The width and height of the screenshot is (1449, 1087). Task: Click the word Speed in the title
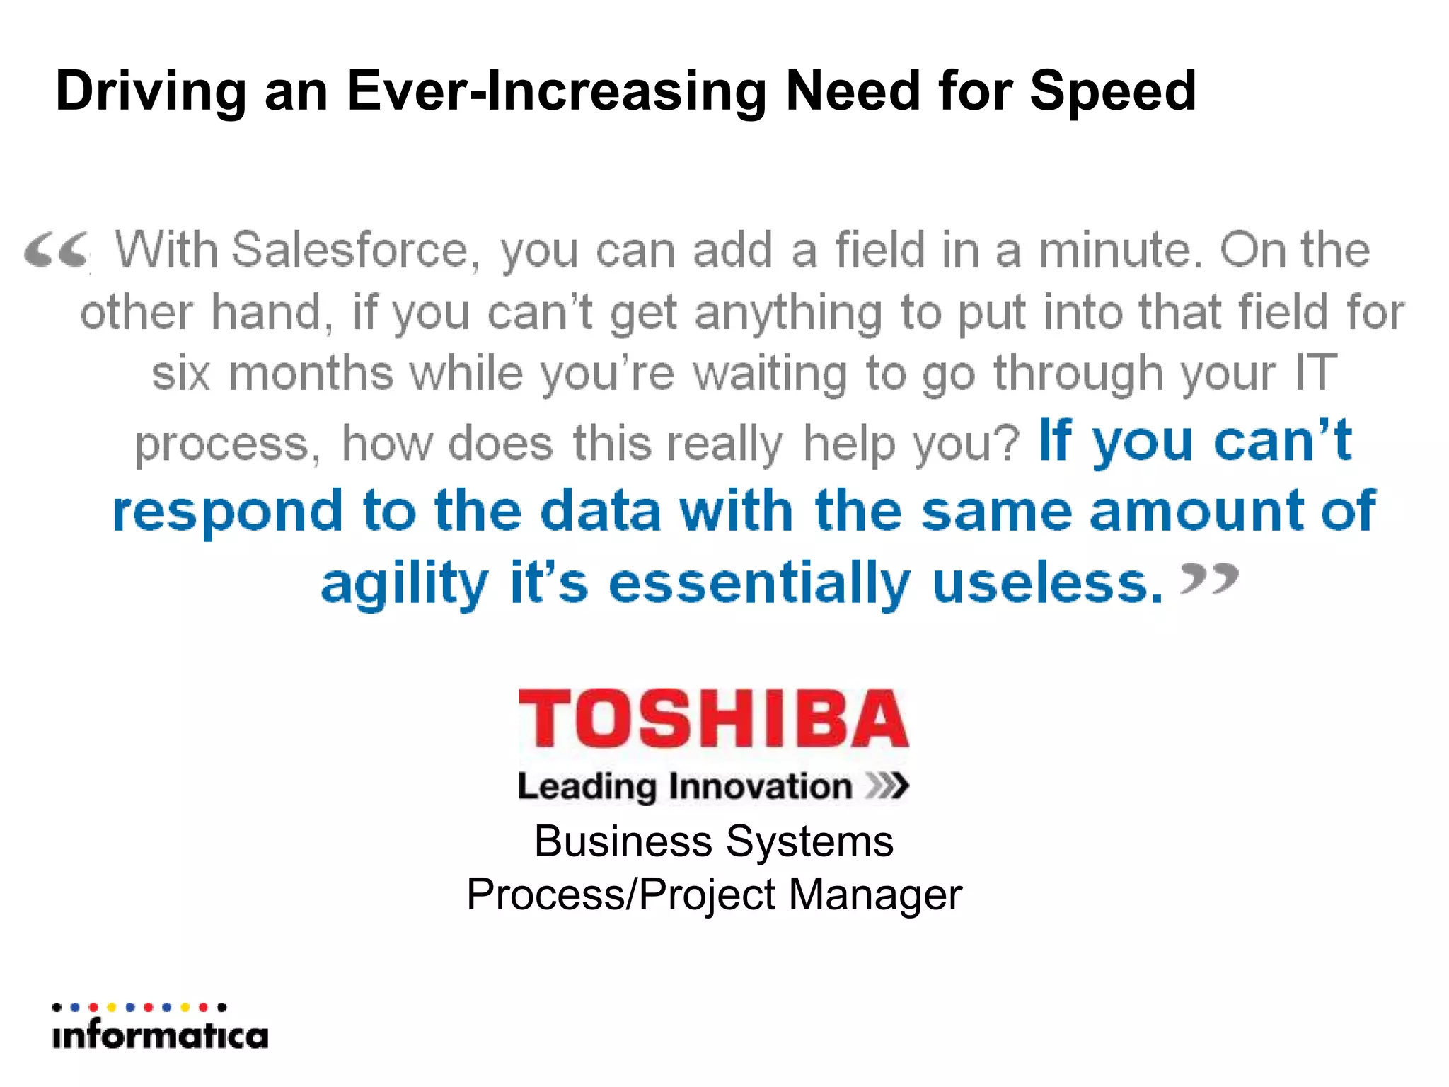coord(1112,92)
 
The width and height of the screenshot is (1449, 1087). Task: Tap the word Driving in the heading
coord(151,92)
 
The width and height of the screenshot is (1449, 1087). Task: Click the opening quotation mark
coord(57,251)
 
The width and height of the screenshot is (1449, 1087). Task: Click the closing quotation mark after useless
coord(1209,579)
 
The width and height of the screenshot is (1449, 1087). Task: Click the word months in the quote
coord(311,374)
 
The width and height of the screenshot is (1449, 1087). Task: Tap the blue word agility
coord(404,585)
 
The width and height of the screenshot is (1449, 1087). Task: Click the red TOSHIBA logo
coord(713,719)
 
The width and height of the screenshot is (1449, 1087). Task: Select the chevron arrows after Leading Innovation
coord(887,786)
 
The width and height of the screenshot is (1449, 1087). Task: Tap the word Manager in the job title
coord(875,895)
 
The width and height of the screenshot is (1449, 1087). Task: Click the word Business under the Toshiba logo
coord(623,842)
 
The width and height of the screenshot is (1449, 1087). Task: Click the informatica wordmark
coord(160,1036)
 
